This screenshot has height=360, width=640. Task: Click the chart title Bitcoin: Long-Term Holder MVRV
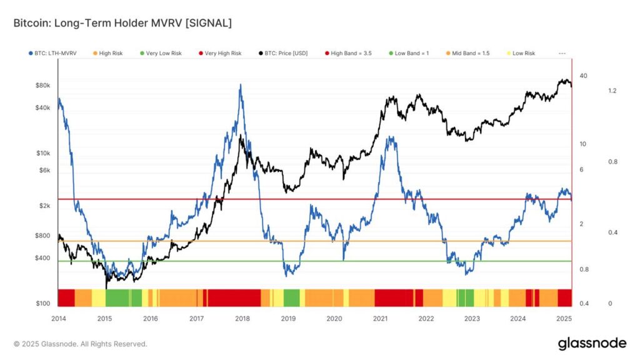[x=122, y=23]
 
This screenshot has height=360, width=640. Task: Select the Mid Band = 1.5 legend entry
[x=468, y=54]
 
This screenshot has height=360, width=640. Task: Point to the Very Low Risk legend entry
[x=163, y=54]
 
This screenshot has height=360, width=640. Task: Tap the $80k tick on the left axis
[x=42, y=85]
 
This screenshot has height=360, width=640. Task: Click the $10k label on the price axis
[x=42, y=153]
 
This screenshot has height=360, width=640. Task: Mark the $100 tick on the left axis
[x=42, y=304]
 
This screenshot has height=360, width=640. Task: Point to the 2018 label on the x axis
[x=242, y=318]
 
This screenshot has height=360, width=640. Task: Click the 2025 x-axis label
[x=564, y=318]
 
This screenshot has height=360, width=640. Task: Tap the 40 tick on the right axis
[x=583, y=76]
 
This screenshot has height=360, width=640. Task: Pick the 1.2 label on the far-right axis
[x=612, y=91]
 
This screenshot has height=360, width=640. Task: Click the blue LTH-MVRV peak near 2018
[x=241, y=86]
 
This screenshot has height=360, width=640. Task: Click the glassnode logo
[x=591, y=343]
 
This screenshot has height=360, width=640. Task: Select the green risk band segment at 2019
[x=291, y=298]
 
